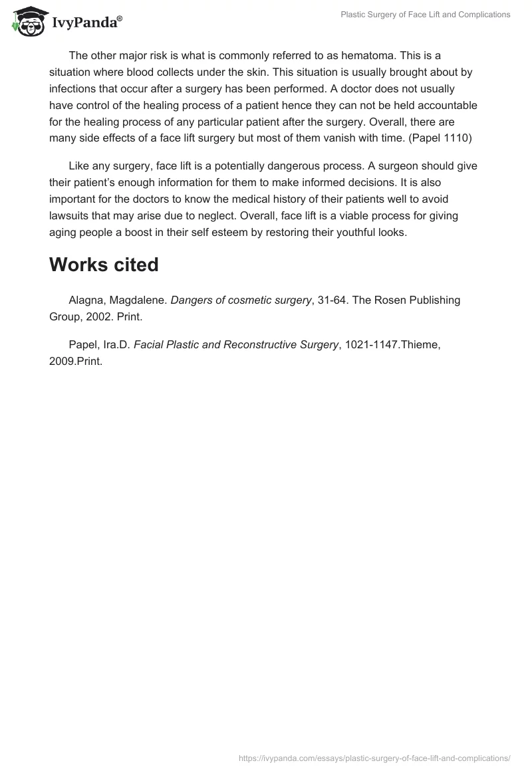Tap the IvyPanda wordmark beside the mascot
86,23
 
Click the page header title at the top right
425,15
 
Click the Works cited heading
104,265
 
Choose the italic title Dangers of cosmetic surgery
241,300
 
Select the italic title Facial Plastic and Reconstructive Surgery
236,345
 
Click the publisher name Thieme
421,345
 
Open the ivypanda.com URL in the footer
374,758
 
